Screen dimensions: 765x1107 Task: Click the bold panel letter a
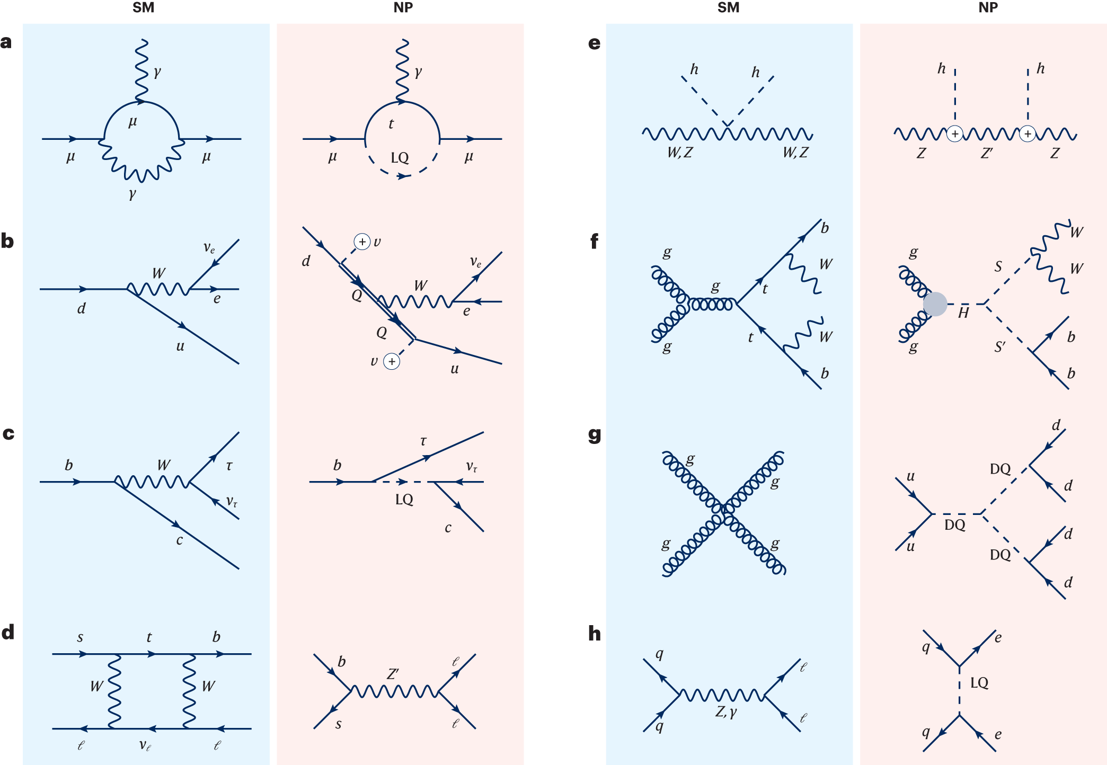coord(6,42)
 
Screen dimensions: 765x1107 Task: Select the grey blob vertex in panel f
coord(935,304)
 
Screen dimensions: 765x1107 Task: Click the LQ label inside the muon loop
coord(400,158)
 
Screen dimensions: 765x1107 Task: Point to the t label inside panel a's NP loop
coord(391,124)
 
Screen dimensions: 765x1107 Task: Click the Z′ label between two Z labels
coord(987,153)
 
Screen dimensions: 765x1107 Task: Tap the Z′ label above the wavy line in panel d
coord(393,674)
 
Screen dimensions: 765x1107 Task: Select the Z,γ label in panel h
coord(726,711)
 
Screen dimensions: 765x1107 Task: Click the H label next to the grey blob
coord(963,313)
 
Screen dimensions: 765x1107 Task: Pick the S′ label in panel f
coord(1000,347)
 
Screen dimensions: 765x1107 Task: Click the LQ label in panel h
coord(979,683)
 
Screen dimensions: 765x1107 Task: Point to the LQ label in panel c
coord(404,500)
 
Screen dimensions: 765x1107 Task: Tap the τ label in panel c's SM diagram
coord(229,466)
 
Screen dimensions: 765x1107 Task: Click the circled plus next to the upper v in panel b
coord(362,242)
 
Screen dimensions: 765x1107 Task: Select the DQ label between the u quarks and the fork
coord(955,525)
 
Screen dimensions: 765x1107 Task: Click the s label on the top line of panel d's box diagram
coord(80,637)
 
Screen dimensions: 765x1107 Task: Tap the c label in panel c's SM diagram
coord(179,540)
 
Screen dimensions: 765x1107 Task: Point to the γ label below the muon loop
coord(132,194)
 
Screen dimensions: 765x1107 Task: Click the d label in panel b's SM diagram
coord(81,308)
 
